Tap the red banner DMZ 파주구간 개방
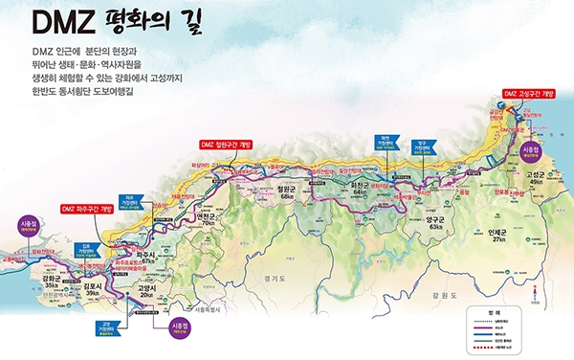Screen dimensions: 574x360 coord(87,208)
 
